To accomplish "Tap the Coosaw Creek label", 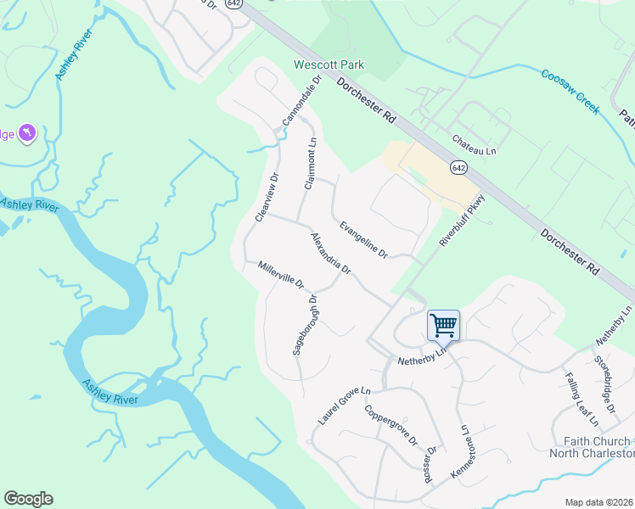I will click(x=570, y=92).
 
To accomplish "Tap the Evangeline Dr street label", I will click(x=362, y=240).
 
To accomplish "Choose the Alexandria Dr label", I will click(x=331, y=254).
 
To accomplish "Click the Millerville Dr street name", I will click(x=281, y=274).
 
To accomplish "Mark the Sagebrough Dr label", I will click(x=305, y=325).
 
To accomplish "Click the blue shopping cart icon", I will click(x=443, y=325).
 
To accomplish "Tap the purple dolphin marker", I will click(x=27, y=133).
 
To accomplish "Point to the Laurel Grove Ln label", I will click(x=345, y=406).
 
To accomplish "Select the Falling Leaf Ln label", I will click(x=582, y=399).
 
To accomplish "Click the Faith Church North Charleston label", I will click(x=598, y=446).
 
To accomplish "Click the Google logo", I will click(x=28, y=499).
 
